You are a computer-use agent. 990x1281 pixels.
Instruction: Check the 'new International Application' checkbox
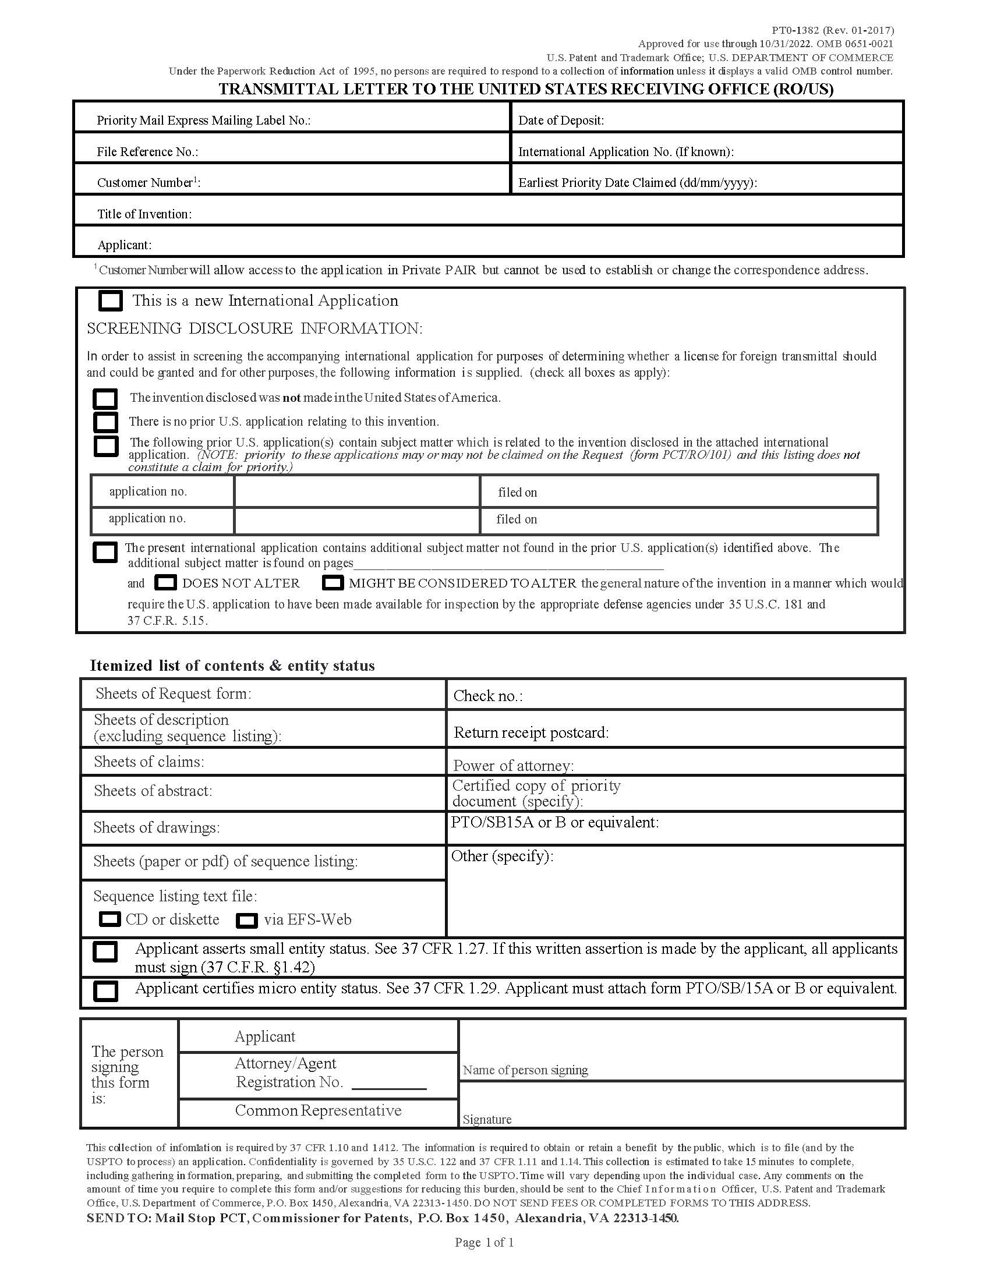(110, 301)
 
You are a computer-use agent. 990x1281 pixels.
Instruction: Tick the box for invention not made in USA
(105, 399)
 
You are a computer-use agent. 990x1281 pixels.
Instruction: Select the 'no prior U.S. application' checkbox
(105, 422)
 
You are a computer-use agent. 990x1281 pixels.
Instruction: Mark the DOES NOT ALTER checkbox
(166, 583)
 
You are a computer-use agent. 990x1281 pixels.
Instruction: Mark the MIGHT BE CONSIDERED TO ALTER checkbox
(333, 583)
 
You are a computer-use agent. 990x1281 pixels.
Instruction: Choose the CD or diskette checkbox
(109, 919)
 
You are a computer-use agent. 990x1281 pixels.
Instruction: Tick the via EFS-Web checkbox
(247, 920)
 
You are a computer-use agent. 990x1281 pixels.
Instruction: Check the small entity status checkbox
(105, 951)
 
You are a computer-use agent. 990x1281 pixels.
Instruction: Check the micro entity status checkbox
(105, 990)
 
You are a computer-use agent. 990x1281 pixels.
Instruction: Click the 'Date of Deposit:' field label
(561, 121)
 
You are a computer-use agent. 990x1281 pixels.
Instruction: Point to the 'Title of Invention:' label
(144, 214)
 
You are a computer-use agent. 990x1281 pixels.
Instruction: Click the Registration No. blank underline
(389, 1089)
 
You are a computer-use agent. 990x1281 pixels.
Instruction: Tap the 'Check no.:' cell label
(487, 696)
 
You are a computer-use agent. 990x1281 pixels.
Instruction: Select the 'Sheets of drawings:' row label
(156, 827)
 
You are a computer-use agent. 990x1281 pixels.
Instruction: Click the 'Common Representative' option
(318, 1110)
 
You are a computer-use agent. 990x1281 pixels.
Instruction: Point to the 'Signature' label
(487, 1119)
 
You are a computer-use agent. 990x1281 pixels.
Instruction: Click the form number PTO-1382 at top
(832, 30)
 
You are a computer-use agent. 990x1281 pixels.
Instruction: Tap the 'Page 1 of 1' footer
(485, 1243)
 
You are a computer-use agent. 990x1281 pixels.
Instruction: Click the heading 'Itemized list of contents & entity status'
(232, 666)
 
